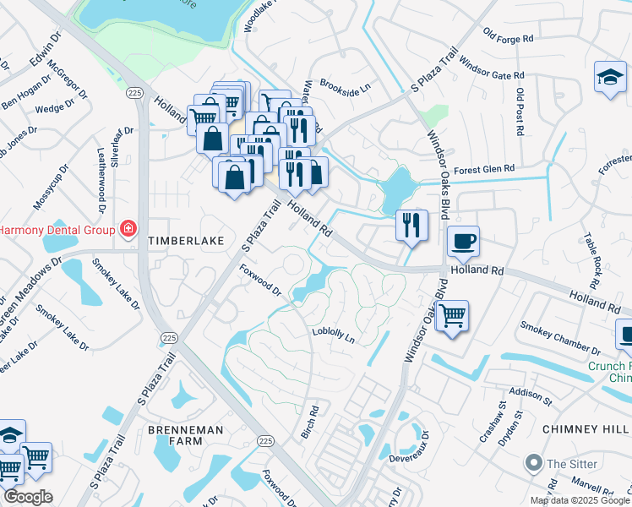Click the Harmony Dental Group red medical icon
(x=128, y=229)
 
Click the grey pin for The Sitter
(x=533, y=464)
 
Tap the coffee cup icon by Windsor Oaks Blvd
(x=463, y=242)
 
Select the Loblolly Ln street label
(x=334, y=335)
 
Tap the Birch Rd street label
(x=310, y=422)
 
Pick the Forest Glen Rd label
(x=484, y=170)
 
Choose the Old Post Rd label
(x=520, y=112)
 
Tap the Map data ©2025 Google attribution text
(x=580, y=500)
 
